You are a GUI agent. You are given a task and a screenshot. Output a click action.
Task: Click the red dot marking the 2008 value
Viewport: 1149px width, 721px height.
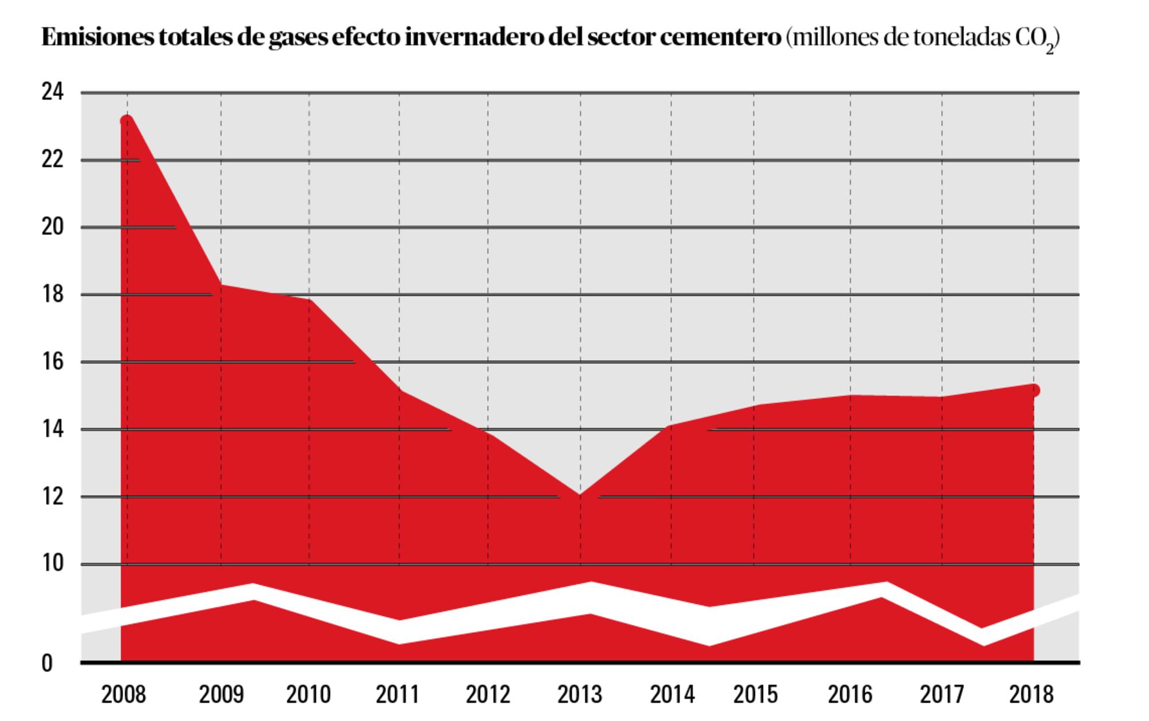(126, 121)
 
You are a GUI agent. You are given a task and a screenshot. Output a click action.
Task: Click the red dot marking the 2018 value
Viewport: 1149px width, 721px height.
(1034, 391)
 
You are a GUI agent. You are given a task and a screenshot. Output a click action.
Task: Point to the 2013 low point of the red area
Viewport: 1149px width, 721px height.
(580, 495)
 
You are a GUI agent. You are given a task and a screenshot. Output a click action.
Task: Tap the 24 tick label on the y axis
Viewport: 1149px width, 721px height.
(52, 92)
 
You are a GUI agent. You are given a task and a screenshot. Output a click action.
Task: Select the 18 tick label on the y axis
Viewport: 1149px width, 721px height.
(52, 295)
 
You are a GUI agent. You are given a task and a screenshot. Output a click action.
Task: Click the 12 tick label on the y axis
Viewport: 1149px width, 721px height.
(52, 496)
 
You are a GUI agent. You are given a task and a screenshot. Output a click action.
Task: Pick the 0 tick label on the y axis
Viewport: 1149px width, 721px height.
(47, 664)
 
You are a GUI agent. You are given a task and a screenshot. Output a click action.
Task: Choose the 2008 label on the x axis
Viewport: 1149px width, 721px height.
(124, 695)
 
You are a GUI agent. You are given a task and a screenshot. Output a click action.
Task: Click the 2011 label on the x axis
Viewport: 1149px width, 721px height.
(398, 695)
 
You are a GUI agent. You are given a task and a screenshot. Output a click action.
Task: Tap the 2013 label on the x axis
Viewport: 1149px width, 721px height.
(580, 695)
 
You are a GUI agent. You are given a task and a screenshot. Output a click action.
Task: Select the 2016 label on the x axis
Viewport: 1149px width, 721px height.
(850, 695)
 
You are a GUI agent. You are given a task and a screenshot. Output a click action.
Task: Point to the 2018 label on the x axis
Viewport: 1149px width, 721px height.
(1032, 695)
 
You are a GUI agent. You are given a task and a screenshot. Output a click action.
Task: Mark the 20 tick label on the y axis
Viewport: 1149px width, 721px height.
(52, 228)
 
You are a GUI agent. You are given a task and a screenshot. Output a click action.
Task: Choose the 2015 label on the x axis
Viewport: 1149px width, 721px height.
(755, 695)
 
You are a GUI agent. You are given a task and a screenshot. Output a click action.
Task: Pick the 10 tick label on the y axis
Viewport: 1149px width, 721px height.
(52, 564)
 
